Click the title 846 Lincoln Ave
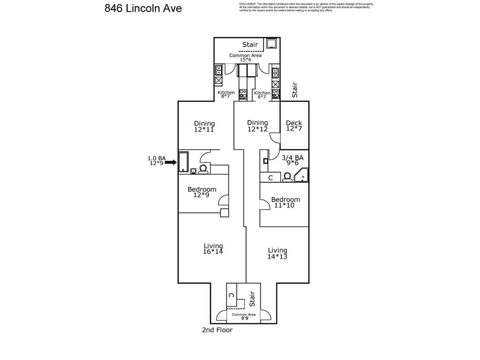tap(143, 8)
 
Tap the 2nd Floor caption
tap(217, 330)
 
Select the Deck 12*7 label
tap(294, 126)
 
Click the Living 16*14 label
tap(213, 248)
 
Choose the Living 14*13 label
tap(277, 253)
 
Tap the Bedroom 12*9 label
tap(202, 192)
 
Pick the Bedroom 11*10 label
tap(285, 202)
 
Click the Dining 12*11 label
tap(204, 126)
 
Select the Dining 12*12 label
tap(257, 126)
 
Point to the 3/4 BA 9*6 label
tap(292, 161)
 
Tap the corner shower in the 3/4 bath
tap(303, 175)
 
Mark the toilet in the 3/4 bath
tap(287, 177)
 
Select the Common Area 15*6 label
tap(245, 57)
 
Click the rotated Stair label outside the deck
tap(294, 90)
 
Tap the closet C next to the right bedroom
tap(270, 178)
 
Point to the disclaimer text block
tap(306, 7)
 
